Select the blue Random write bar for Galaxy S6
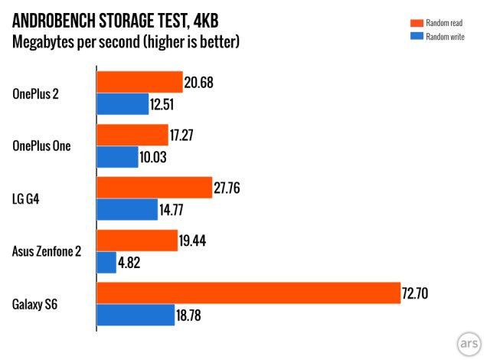(x=136, y=316)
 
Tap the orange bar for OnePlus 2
(x=139, y=83)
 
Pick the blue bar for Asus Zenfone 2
(x=106, y=263)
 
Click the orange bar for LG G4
(x=154, y=188)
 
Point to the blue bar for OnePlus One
(x=117, y=157)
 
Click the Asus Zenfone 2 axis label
(x=47, y=251)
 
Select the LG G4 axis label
(x=28, y=199)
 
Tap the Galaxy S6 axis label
(x=35, y=305)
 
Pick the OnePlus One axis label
(x=42, y=146)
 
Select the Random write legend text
(x=445, y=36)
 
